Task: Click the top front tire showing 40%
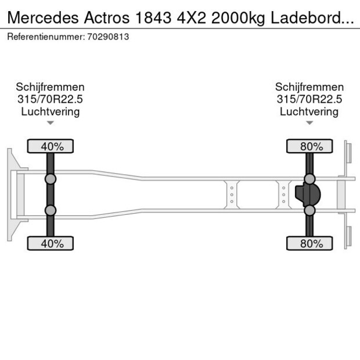click(51, 146)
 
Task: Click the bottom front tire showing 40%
click(51, 243)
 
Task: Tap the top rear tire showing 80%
click(309, 146)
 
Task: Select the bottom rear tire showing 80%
click(309, 243)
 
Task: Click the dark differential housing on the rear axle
click(308, 195)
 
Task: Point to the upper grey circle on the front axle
click(51, 179)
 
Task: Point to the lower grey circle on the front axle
click(51, 210)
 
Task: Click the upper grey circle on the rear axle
click(309, 179)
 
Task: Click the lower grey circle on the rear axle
click(309, 210)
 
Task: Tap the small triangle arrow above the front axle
click(51, 123)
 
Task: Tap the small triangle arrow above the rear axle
click(309, 123)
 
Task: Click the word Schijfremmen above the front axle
click(51, 87)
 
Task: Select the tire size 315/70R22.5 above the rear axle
click(309, 99)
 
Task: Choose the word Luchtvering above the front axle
click(51, 112)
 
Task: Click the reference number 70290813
click(108, 37)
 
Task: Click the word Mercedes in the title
click(43, 17)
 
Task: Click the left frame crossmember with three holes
click(232, 195)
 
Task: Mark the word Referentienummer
click(46, 37)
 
